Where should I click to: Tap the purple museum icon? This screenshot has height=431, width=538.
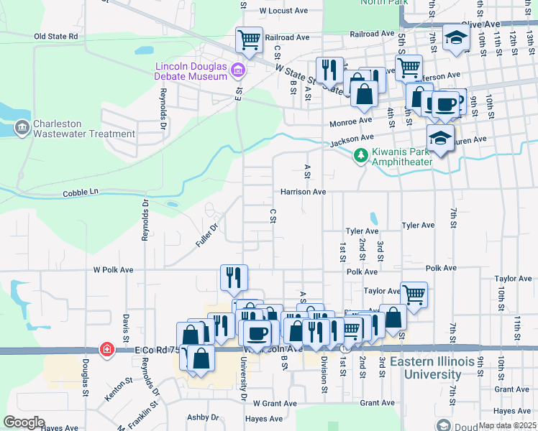click(239, 70)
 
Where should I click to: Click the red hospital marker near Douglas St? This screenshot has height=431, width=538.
click(107, 349)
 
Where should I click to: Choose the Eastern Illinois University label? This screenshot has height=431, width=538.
click(426, 368)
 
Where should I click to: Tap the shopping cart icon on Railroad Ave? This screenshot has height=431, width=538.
click(249, 40)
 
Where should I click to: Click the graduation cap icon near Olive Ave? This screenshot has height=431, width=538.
click(455, 38)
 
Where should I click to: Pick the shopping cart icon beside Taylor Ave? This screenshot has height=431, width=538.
click(414, 293)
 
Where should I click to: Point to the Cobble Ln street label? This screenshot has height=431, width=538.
click(80, 193)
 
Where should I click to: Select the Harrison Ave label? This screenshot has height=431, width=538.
click(304, 192)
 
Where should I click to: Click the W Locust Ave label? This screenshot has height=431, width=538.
click(283, 11)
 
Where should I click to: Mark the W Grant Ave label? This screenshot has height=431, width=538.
click(274, 403)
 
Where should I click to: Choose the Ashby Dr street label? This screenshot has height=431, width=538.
click(203, 417)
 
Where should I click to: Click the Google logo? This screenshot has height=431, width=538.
click(24, 422)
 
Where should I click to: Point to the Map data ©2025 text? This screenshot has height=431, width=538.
click(506, 425)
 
